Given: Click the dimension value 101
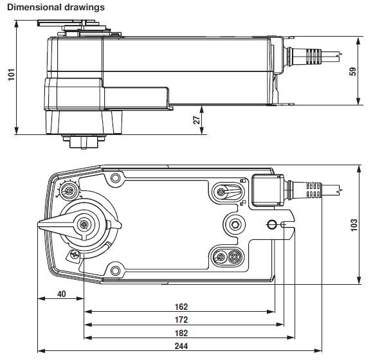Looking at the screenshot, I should (10, 75).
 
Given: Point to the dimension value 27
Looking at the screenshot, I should (197, 119).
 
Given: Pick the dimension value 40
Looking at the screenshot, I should (61, 294).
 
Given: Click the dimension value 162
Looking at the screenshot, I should (181, 307).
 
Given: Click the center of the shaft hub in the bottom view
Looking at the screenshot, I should (84, 224).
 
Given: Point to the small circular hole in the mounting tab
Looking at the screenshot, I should (271, 224).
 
